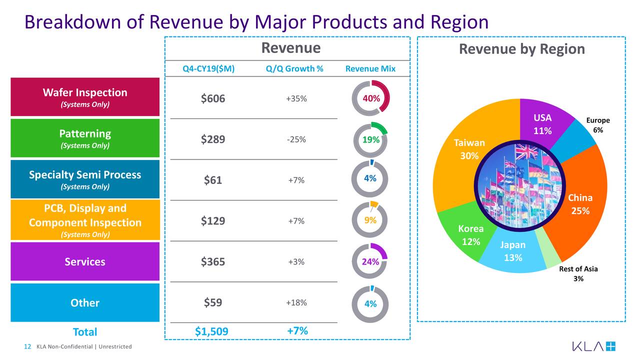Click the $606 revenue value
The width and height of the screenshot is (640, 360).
click(213, 99)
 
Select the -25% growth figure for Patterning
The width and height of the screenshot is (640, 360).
click(296, 139)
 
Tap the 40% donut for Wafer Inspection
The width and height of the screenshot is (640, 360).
click(370, 98)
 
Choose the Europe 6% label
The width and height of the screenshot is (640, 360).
click(598, 125)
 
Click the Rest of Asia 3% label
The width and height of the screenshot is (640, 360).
click(578, 273)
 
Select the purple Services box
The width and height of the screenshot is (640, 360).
click(85, 261)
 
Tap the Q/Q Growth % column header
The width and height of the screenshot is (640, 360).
click(295, 69)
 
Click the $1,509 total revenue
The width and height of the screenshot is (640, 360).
click(211, 331)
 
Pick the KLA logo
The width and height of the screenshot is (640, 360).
click(594, 346)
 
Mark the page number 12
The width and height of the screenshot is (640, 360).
click(27, 347)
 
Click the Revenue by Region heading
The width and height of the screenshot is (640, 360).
click(521, 49)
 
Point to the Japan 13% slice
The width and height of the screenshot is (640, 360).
click(513, 255)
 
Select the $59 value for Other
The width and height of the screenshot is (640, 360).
click(213, 302)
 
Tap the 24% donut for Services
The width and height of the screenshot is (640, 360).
click(370, 261)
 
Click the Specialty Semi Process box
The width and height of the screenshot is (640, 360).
click(85, 179)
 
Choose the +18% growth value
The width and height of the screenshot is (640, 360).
click(296, 303)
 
